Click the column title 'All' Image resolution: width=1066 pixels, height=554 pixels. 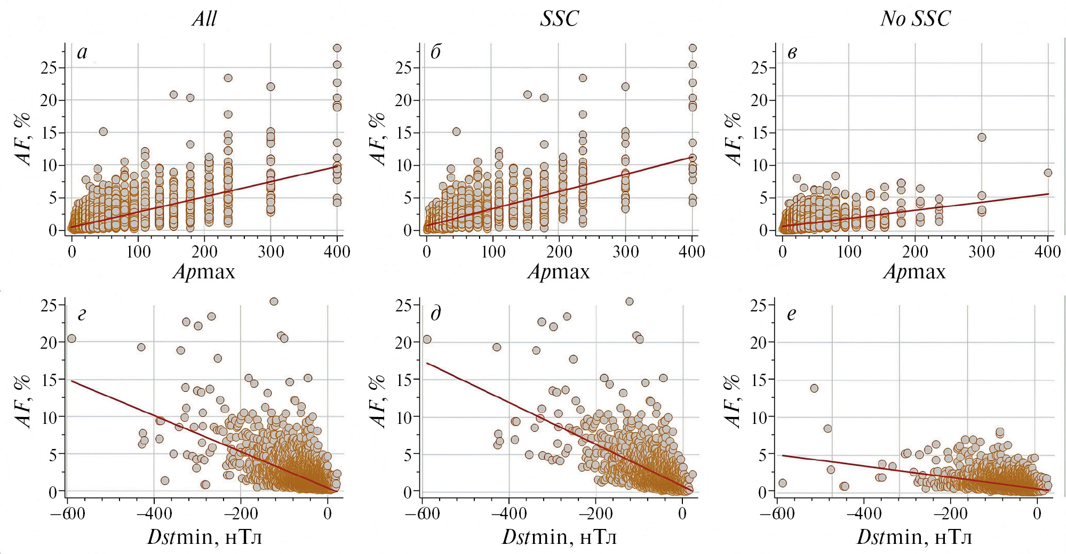[x=204, y=19]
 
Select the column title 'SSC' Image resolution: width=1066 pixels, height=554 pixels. [x=559, y=19]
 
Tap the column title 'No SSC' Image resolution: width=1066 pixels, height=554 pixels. [x=915, y=19]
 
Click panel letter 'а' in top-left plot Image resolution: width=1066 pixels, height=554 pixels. [x=82, y=52]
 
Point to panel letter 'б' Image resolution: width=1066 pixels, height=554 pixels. [x=435, y=52]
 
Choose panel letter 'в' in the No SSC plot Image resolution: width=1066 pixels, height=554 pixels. [x=792, y=53]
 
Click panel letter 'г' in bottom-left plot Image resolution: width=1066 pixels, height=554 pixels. [x=82, y=315]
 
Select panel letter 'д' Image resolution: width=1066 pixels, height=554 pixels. [x=436, y=314]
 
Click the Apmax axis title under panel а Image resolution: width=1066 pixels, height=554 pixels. [x=204, y=272]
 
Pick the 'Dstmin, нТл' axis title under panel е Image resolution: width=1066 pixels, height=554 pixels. [x=914, y=536]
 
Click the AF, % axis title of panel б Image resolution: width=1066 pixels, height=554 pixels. [x=378, y=139]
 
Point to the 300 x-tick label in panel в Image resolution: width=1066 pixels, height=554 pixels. [x=981, y=252]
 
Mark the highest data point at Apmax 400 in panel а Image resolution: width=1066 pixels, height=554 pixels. [x=337, y=48]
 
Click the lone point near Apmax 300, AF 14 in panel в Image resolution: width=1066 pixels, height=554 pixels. [x=981, y=138]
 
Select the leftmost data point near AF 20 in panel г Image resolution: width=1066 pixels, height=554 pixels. [x=71, y=339]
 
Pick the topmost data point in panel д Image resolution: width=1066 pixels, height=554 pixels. [x=629, y=302]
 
